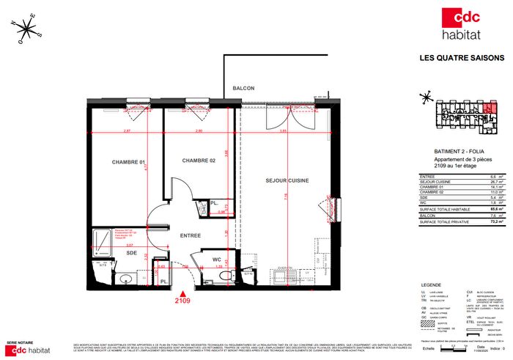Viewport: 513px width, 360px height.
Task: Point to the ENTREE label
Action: coord(191,235)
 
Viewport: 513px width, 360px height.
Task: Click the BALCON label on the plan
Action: coord(243,89)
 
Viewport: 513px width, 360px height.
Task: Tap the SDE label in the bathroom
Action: coord(132,252)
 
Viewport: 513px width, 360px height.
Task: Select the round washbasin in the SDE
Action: coord(125,278)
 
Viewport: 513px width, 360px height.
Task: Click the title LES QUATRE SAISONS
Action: coord(461,58)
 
